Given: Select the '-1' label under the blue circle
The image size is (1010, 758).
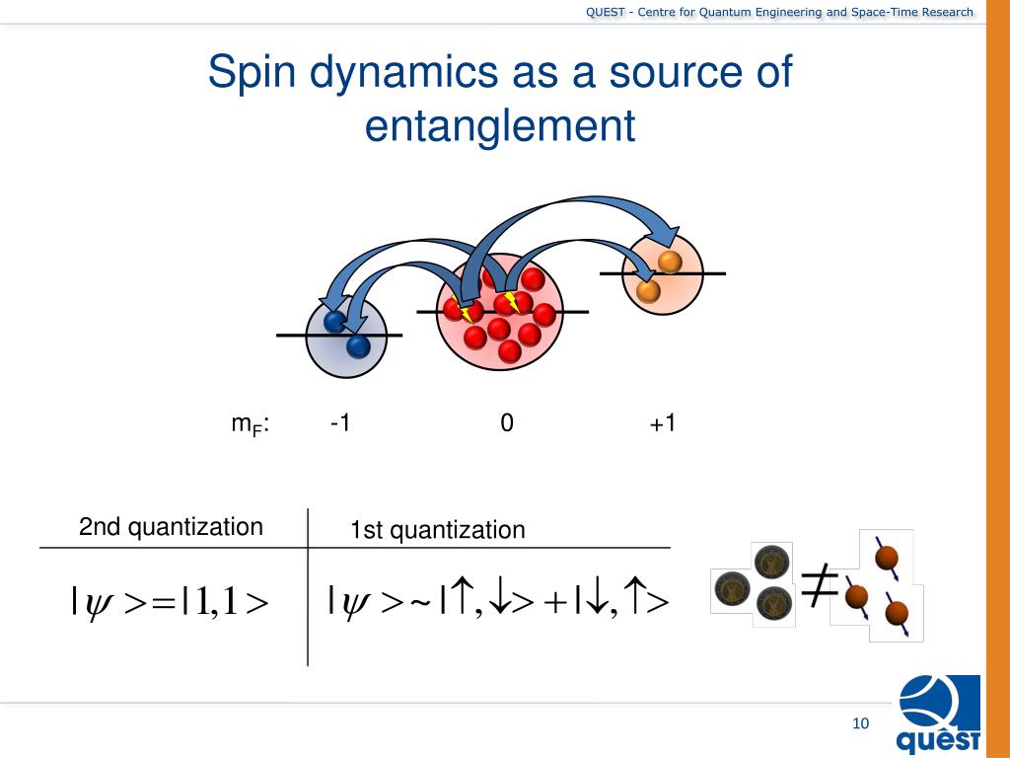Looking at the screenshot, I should [x=341, y=423].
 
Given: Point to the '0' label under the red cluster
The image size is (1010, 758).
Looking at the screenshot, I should [x=506, y=423].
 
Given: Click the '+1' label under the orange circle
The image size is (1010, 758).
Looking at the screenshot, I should [x=663, y=423].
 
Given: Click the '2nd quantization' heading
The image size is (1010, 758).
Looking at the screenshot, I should [x=171, y=527].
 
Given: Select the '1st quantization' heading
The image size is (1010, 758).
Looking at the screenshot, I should [x=437, y=531].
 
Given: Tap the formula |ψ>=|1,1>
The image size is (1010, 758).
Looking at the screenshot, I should [x=171, y=601].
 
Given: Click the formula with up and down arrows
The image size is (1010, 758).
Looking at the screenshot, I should [x=499, y=600].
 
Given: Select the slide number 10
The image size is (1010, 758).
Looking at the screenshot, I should [x=860, y=724].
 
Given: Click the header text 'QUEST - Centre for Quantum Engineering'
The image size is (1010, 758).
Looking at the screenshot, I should [x=779, y=12].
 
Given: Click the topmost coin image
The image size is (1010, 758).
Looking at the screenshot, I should [x=769, y=564].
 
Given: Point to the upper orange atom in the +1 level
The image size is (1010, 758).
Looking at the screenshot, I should [x=670, y=263].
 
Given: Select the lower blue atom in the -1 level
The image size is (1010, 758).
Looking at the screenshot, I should [x=357, y=346].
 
